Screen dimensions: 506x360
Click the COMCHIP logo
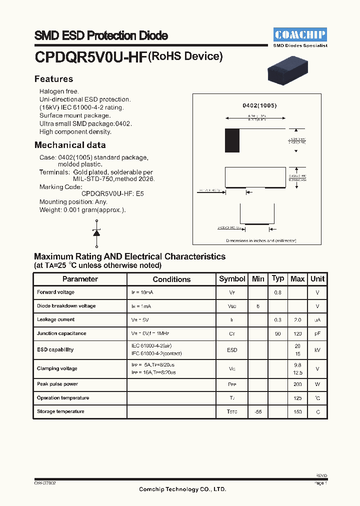300,34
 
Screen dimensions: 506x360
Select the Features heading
53,79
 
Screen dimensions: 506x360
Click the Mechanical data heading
70,145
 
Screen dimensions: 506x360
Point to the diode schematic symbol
96,232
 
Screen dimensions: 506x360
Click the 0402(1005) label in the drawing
259,106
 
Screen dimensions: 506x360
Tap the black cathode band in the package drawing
232,140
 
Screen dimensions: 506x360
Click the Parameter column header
80,279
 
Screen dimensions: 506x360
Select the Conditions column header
171,279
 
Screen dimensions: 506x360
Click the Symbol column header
232,279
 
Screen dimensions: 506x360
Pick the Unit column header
317,279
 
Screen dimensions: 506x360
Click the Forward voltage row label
55,292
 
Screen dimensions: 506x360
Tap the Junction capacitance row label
61,333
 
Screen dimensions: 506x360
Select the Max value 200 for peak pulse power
297,384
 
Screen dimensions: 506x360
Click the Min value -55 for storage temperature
258,412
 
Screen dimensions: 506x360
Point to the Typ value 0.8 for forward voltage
277,292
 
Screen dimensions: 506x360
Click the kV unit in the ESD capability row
317,350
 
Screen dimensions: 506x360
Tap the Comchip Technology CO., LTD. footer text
182,489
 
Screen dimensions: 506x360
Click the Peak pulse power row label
57,384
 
